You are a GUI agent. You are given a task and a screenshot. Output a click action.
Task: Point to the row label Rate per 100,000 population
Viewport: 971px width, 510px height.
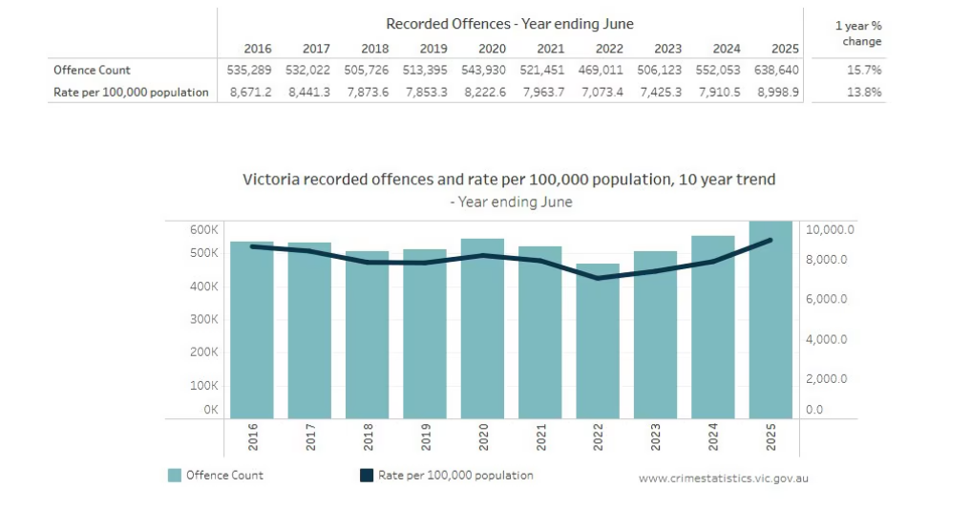tap(131, 93)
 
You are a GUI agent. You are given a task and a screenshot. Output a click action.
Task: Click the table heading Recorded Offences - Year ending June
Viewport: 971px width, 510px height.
tap(509, 24)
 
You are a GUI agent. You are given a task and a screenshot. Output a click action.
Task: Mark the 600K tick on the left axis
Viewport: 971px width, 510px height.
tap(204, 230)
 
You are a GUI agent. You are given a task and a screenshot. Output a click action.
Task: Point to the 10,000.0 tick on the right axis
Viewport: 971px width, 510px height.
tap(831, 230)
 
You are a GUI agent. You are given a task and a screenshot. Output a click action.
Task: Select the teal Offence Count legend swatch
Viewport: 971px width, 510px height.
tap(175, 475)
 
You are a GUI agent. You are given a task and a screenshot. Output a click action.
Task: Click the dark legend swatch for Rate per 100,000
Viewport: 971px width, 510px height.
tap(366, 475)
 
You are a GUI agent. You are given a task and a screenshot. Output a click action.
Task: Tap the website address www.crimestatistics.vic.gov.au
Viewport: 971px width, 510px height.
tap(723, 478)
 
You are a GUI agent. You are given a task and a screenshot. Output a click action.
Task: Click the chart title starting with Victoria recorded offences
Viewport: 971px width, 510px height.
tap(509, 180)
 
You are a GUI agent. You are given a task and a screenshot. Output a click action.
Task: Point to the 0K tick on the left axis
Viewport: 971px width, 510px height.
tap(210, 410)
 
